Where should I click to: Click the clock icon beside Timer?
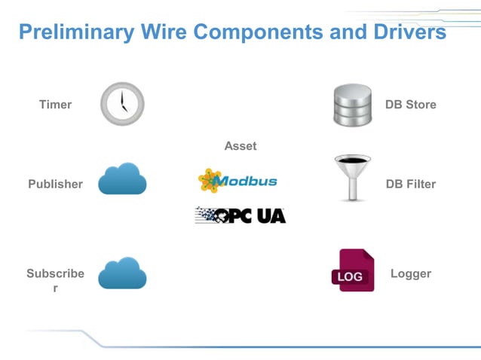click(122, 104)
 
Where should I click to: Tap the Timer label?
click(55, 105)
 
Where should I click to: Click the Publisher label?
click(55, 184)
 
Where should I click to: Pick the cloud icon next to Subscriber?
click(122, 273)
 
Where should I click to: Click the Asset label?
click(240, 146)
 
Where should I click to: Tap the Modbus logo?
click(237, 181)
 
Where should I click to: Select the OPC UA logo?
click(240, 215)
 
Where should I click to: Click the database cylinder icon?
click(353, 105)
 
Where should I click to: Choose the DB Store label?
click(410, 105)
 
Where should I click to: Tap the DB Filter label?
click(410, 184)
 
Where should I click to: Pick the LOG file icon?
click(352, 270)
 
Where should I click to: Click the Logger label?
click(410, 273)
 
